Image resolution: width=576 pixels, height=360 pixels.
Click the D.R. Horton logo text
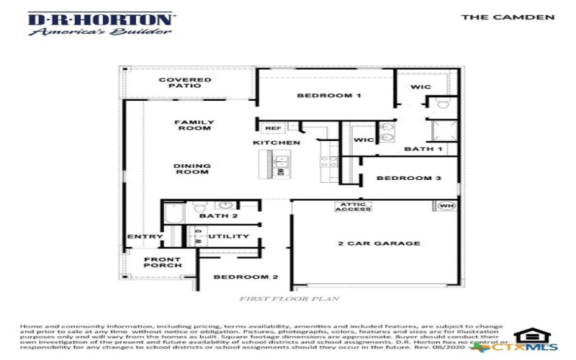tap(100, 19)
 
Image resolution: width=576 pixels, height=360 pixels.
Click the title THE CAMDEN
tap(508, 17)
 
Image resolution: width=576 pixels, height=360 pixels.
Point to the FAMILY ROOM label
tap(194, 125)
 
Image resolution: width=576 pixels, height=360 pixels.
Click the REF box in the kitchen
tap(273, 128)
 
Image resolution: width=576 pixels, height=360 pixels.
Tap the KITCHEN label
tap(276, 143)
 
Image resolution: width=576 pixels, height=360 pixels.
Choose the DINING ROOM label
tap(192, 169)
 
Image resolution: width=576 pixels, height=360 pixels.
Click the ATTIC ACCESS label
tap(353, 207)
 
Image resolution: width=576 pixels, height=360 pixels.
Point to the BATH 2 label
tap(218, 215)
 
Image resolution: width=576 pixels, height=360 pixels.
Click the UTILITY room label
tap(229, 236)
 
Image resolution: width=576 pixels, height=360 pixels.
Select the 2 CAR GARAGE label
tap(379, 243)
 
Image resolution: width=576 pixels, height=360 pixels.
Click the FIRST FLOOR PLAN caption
tap(289, 298)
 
